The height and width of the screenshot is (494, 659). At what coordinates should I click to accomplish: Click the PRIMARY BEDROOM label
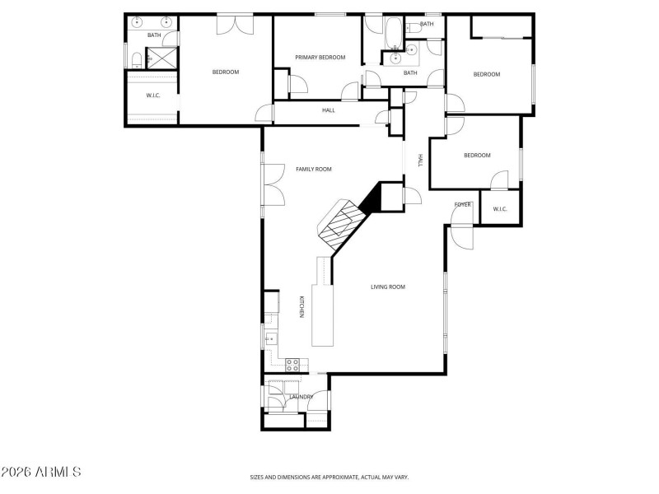320,57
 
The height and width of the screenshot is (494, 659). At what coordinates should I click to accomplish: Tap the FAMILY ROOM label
313,169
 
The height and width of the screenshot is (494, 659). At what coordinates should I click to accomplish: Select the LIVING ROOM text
387,287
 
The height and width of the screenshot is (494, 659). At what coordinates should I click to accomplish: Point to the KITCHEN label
301,307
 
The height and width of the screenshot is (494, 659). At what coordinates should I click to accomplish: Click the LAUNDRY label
301,397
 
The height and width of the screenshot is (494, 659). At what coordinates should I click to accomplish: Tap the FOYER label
462,204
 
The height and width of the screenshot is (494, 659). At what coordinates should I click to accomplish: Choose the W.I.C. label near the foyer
500,208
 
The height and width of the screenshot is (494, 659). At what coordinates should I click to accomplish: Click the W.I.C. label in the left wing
152,96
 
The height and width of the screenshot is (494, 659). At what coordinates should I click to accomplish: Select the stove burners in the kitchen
292,364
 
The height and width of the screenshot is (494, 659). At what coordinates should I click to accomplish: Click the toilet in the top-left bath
134,58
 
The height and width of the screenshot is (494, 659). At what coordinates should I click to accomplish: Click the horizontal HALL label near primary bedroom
328,110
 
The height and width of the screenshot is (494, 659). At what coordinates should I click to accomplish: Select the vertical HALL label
420,161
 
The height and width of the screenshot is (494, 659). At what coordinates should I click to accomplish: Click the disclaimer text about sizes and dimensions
329,477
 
